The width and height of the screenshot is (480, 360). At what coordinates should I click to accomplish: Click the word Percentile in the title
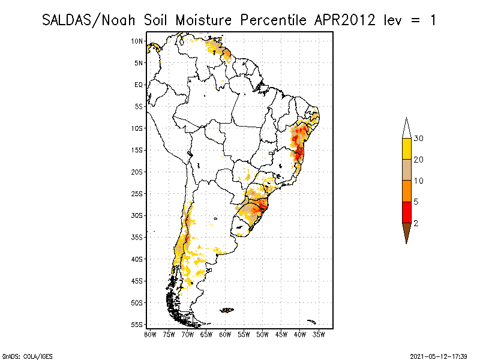[272, 20]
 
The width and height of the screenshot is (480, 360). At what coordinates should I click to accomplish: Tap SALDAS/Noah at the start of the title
[92, 20]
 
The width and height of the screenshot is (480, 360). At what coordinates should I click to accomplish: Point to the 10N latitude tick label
[137, 41]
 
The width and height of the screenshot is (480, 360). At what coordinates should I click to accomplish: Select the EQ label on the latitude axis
[139, 85]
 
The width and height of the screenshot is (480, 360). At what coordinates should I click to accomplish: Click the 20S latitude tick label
[137, 172]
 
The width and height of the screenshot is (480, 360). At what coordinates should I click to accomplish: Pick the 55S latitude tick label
[137, 325]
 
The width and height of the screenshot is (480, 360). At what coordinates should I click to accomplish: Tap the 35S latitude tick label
[137, 237]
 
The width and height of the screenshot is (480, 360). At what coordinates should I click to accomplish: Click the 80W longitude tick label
[151, 334]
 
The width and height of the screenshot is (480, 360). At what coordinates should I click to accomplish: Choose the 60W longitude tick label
[225, 334]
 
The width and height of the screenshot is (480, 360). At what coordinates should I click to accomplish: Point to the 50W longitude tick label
[262, 334]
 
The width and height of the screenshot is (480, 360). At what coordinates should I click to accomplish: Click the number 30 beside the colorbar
[419, 139]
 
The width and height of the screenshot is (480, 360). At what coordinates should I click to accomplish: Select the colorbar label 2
[416, 223]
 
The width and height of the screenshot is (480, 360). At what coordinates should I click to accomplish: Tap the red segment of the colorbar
[406, 212]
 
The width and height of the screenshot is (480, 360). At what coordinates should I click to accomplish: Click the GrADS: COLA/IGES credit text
[20, 355]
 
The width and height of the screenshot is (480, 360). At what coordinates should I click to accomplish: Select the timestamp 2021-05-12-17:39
[439, 355]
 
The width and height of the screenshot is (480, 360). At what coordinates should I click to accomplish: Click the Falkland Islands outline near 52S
[227, 310]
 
